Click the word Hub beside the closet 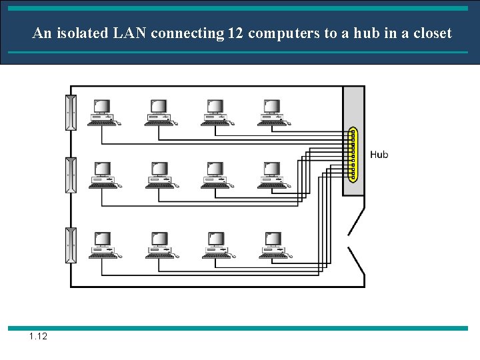379,155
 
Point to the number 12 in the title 235,33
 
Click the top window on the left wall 71,113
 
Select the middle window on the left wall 71,175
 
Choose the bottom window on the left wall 71,245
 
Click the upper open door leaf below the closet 356,219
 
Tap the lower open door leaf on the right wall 356,261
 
